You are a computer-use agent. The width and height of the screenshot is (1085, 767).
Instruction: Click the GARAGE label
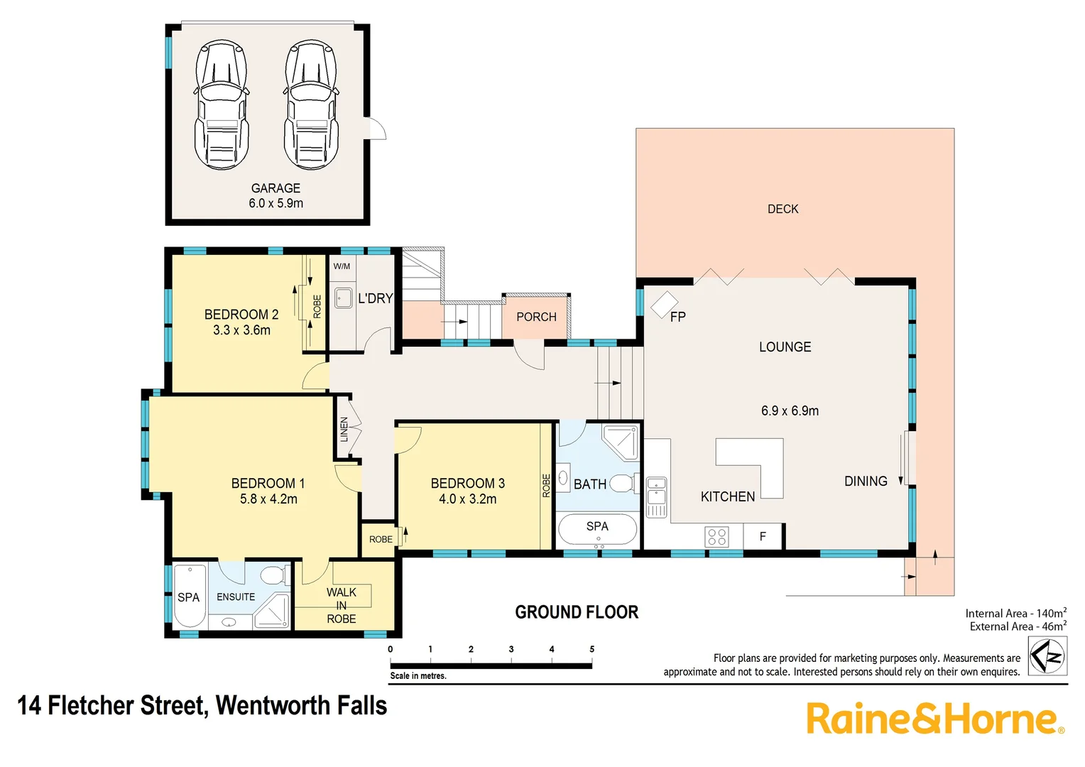276,188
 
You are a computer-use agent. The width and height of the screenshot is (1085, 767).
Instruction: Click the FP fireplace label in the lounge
677,317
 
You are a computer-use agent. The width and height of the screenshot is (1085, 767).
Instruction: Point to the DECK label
783,209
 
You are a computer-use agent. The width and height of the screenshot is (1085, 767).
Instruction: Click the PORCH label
536,317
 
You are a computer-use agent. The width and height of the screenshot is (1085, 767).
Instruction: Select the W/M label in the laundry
342,266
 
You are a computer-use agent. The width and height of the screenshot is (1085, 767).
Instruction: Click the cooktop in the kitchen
716,536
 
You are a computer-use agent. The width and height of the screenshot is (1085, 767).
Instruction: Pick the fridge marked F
763,536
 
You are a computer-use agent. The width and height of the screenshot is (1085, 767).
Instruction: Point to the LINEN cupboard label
344,429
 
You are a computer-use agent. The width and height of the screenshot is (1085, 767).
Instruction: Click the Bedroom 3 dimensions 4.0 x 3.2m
467,499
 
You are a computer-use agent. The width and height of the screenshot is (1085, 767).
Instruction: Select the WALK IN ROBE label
342,605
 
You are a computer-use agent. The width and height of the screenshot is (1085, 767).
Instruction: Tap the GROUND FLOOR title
577,612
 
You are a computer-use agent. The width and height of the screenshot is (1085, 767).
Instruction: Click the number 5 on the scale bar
591,649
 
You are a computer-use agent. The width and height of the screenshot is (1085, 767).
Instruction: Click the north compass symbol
1047,657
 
